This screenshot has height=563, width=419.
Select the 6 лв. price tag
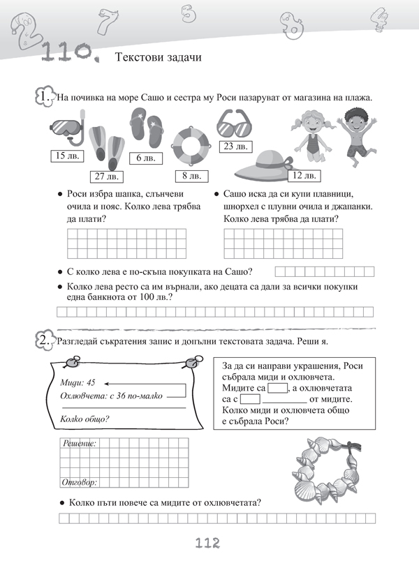(145, 158)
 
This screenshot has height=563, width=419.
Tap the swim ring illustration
(192, 145)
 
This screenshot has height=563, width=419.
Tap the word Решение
(80, 443)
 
